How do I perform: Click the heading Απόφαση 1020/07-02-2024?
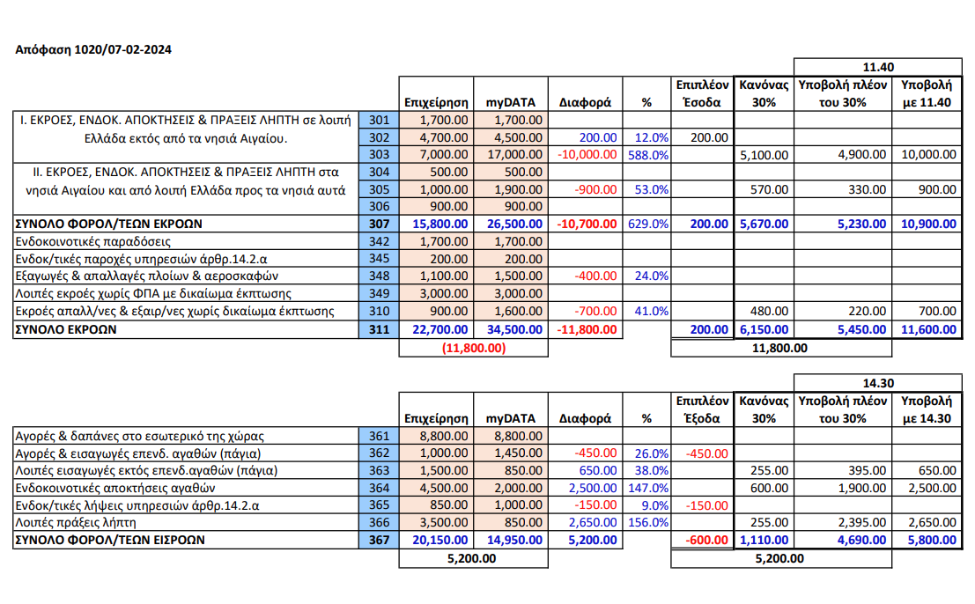click(x=94, y=49)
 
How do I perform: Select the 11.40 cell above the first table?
click(x=878, y=67)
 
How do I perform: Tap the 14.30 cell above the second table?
click(x=878, y=384)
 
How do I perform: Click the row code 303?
click(x=380, y=154)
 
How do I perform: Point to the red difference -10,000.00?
click(x=586, y=154)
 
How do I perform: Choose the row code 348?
click(x=380, y=276)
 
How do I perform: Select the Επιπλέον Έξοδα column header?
click(x=702, y=409)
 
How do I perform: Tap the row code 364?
click(x=380, y=488)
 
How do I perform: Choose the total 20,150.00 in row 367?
click(x=434, y=540)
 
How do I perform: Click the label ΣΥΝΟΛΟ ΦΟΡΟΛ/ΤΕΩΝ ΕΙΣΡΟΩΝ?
click(x=110, y=540)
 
